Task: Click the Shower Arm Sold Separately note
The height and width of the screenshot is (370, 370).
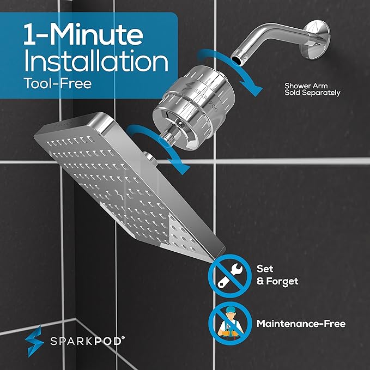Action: click(x=312, y=89)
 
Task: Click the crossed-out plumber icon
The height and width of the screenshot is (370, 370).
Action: click(x=225, y=324)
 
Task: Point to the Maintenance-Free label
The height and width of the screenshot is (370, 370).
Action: click(x=301, y=324)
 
